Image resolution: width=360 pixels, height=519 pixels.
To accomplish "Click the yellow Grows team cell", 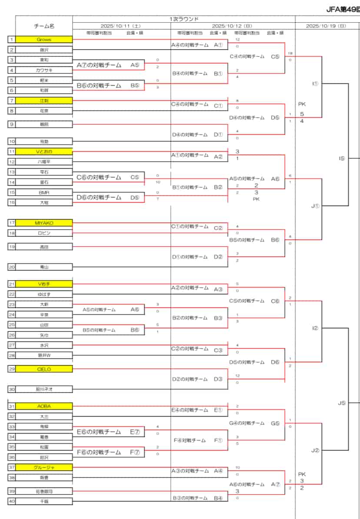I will [x=44, y=40].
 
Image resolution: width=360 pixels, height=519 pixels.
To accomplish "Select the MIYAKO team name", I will [x=44, y=223].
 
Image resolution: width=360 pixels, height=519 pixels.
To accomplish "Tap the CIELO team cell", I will [x=44, y=369].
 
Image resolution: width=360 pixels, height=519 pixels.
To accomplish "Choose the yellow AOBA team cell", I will [x=44, y=406].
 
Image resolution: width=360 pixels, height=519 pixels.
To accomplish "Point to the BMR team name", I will [x=44, y=192].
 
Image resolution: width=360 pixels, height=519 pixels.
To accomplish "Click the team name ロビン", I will [x=44, y=233].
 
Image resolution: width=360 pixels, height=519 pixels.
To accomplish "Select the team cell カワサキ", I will [x=44, y=70].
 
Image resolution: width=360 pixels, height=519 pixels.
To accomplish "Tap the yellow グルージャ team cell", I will [x=44, y=467].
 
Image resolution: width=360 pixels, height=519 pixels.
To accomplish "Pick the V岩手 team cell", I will [x=44, y=284].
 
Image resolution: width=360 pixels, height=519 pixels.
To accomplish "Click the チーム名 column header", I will [x=44, y=26].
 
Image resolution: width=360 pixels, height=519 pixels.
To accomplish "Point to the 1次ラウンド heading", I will [x=184, y=19].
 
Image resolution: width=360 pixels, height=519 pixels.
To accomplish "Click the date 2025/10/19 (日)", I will [x=326, y=26].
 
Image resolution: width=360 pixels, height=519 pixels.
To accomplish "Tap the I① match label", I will [x=315, y=84].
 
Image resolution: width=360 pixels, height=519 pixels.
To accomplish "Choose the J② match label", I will [x=315, y=451].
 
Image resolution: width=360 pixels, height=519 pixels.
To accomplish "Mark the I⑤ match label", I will [x=342, y=158].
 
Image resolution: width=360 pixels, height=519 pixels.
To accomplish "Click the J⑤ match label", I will [x=342, y=403].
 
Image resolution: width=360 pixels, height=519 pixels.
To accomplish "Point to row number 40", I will [x=12, y=501].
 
